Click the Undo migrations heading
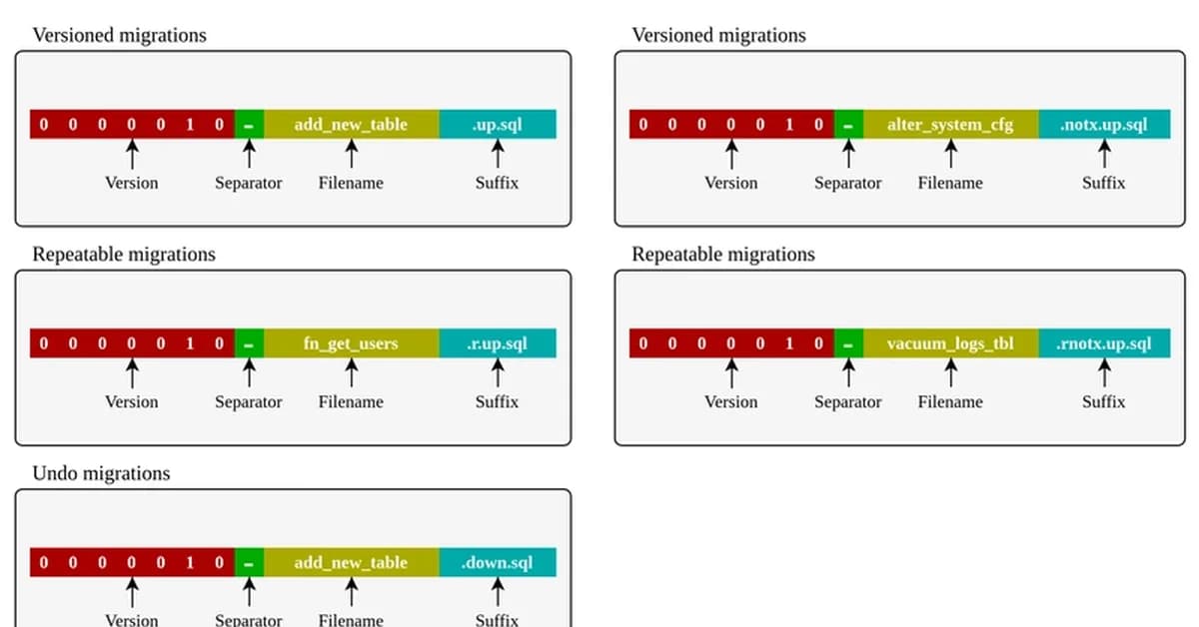pos(101,473)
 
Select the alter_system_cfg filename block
pos(950,125)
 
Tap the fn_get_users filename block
pos(351,343)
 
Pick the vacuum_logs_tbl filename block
pos(950,343)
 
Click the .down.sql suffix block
pos(497,562)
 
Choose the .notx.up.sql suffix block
pos(1104,125)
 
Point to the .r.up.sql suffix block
pos(497,343)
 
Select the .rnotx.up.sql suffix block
pos(1104,343)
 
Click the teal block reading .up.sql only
pos(497,125)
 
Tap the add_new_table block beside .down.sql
pos(351,562)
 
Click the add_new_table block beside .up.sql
pos(351,125)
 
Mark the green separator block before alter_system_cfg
pos(848,125)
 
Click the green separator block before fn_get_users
pos(249,343)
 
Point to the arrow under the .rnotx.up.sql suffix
pos(1104,373)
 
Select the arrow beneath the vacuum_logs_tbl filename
pos(950,373)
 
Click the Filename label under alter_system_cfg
pos(950,183)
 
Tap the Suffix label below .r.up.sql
pos(497,402)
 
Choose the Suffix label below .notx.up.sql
pos(1104,183)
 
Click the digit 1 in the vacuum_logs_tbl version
pos(789,343)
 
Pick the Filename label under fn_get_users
pos(351,402)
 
